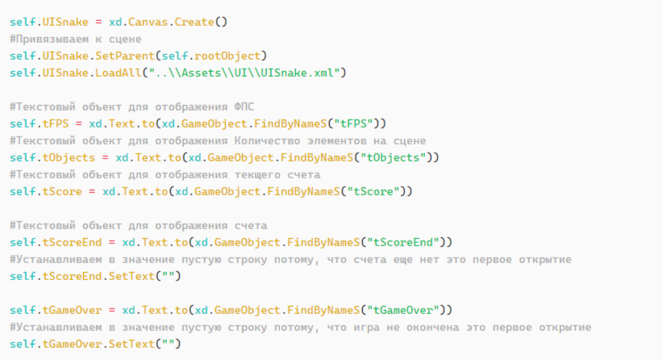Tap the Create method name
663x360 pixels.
click(x=194, y=22)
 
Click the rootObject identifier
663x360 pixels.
click(x=227, y=57)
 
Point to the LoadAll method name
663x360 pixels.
click(x=119, y=73)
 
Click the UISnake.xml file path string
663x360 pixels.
click(x=244, y=73)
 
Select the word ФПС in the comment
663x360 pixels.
click(x=244, y=107)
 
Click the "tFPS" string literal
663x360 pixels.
click(x=354, y=123)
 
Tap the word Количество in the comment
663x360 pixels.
click(x=267, y=140)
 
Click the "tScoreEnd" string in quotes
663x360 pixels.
click(x=403, y=242)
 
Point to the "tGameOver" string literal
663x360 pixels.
click(x=403, y=310)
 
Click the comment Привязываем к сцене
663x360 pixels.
click(x=76, y=40)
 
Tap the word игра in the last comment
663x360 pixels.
click(x=367, y=327)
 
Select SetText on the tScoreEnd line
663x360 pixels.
click(x=132, y=276)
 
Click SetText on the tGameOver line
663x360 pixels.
click(x=132, y=344)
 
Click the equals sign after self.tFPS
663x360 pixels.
click(x=79, y=124)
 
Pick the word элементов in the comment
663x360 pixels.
click(x=336, y=140)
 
